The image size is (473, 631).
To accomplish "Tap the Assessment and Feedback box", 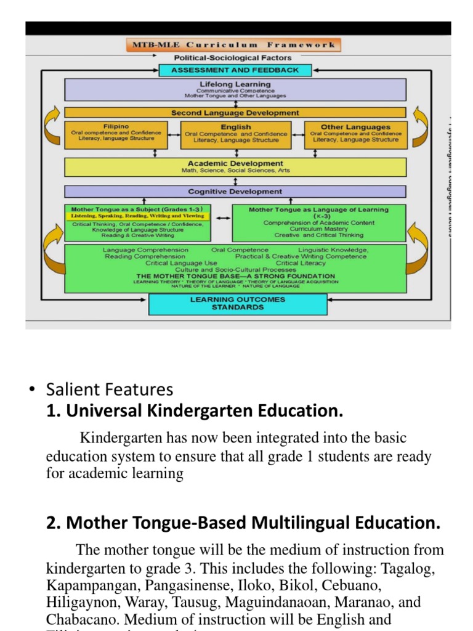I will (235, 70).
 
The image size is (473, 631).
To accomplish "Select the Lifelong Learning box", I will (235, 89).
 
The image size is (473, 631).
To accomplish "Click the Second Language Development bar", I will (235, 113).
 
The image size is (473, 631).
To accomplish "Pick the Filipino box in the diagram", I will (116, 134).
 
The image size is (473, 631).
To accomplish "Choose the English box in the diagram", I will (236, 134).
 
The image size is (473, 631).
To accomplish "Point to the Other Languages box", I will (355, 134).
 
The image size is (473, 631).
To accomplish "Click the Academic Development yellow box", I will (235, 167).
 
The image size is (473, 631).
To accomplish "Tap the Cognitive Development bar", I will (235, 192).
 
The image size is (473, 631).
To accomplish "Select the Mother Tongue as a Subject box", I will (137, 222).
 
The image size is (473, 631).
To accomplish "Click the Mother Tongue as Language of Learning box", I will (318, 222).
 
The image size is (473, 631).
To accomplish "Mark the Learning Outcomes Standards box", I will (238, 303).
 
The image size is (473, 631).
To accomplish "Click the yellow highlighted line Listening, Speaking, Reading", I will (137, 216).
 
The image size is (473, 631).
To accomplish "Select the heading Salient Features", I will (110, 389).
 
